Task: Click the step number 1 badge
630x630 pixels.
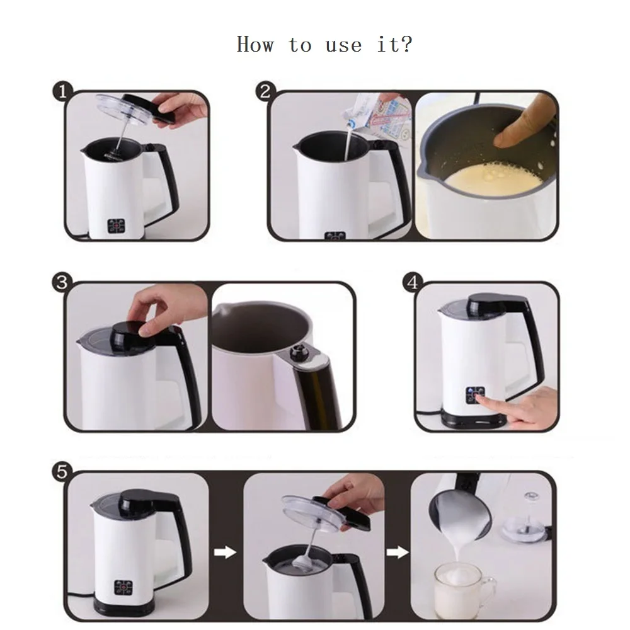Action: [x=62, y=91]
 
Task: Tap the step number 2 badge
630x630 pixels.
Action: [x=266, y=91]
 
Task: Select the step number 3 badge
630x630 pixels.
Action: [x=62, y=282]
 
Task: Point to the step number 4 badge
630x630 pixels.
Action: [x=413, y=282]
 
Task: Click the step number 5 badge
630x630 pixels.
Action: [x=62, y=471]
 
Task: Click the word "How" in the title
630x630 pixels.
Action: [x=255, y=44]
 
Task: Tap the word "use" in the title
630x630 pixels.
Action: [x=343, y=46]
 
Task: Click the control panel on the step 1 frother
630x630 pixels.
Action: [x=117, y=226]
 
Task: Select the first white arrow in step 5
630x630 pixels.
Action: [x=225, y=552]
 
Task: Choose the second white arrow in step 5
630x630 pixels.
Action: [x=398, y=553]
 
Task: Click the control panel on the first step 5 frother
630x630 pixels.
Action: [x=123, y=587]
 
